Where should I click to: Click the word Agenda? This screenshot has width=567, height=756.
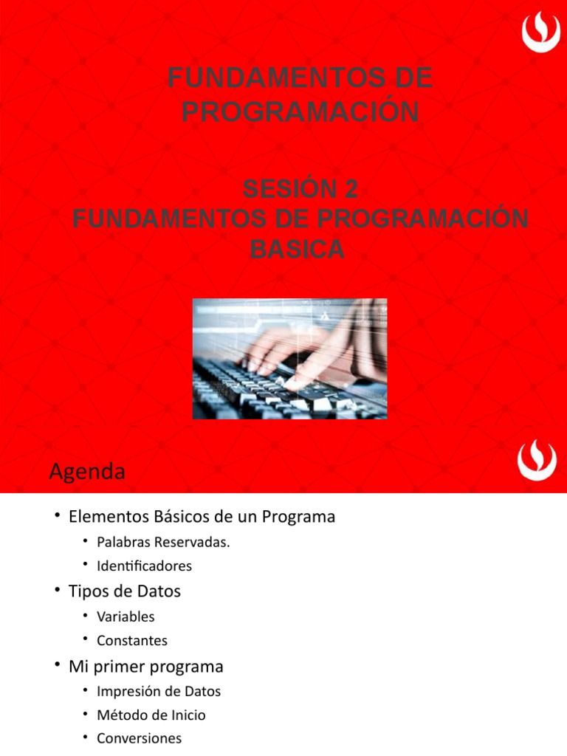tap(87, 472)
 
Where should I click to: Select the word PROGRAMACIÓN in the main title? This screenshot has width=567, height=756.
tap(300, 112)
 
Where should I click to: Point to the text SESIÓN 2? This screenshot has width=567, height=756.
tap(300, 190)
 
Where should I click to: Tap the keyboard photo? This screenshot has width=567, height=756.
tap(289, 359)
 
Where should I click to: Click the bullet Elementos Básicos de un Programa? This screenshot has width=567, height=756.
tap(202, 517)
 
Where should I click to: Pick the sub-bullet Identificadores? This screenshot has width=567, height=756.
tap(144, 566)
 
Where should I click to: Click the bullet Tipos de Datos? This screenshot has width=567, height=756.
tap(124, 591)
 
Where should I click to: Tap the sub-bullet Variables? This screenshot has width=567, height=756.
tap(126, 616)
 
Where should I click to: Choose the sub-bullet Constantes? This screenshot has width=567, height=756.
tap(132, 641)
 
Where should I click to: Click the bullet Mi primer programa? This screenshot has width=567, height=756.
tap(145, 667)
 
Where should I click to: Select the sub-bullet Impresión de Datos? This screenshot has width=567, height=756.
tap(159, 692)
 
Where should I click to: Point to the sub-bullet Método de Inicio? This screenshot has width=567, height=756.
tap(151, 715)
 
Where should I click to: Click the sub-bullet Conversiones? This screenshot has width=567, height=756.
tap(139, 738)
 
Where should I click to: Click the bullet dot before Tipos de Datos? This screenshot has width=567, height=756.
tap(58, 590)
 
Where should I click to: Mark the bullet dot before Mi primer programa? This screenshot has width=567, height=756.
tap(58, 665)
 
